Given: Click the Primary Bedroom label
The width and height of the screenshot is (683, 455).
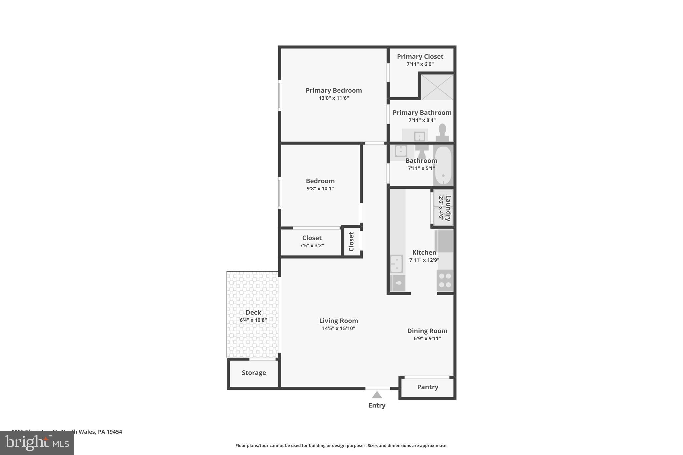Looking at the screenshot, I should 333,90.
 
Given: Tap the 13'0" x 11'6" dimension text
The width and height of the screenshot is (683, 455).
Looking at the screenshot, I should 333,98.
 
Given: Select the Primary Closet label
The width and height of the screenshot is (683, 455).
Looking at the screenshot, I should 420,57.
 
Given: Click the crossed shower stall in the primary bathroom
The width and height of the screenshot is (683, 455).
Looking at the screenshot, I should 437,87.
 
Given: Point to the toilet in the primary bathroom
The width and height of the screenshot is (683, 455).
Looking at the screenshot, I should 442,133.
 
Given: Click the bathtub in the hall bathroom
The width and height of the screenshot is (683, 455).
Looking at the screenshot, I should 443,165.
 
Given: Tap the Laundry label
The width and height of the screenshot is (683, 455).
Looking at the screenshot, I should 448,208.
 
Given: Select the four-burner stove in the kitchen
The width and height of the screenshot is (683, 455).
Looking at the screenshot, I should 445,280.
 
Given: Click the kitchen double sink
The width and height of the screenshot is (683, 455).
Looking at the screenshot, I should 396,264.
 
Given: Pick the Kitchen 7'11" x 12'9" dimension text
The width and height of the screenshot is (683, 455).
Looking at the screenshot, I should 424,260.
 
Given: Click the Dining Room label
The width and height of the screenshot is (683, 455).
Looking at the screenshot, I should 427,331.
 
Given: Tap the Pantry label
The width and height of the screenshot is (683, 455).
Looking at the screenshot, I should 427,387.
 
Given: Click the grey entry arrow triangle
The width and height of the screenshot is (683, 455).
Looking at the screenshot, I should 377,395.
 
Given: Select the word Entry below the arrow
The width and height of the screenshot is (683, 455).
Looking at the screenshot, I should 377,405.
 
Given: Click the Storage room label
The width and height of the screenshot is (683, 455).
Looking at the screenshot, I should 254,373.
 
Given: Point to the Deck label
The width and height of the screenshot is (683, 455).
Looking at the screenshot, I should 253,312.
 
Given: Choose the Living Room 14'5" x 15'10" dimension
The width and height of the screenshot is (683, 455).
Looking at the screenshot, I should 338,328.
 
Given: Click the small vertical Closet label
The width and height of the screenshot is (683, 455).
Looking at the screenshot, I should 351,242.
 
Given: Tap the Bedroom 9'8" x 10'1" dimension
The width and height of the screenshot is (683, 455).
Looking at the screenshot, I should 320,189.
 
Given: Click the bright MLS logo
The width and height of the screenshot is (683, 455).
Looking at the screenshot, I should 37,443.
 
